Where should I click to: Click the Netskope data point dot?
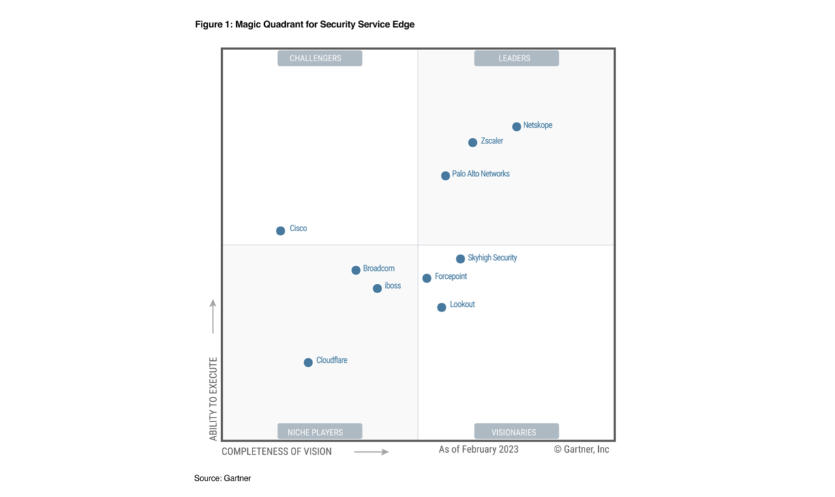tap(517, 126)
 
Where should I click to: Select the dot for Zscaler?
tap(473, 143)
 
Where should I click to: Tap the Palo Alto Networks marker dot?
tap(446, 176)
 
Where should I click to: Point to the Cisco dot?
tap(281, 231)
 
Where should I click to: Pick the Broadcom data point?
tap(356, 270)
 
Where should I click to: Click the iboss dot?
tap(378, 289)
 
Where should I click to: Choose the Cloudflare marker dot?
tap(309, 363)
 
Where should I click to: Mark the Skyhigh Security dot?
tap(461, 259)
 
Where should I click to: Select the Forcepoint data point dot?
tap(427, 278)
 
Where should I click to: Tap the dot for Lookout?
tap(442, 307)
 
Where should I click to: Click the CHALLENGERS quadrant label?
tap(320, 59)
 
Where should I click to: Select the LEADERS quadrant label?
tap(516, 59)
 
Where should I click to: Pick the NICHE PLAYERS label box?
tap(320, 432)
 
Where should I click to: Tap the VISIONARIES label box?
tap(516, 432)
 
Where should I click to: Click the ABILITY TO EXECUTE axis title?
tap(213, 399)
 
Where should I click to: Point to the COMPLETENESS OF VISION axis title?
tap(277, 451)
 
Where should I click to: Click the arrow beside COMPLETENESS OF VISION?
tap(372, 451)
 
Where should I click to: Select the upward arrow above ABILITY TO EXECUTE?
tap(213, 317)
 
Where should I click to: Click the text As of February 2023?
tap(479, 449)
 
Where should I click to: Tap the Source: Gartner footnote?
tap(222, 478)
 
